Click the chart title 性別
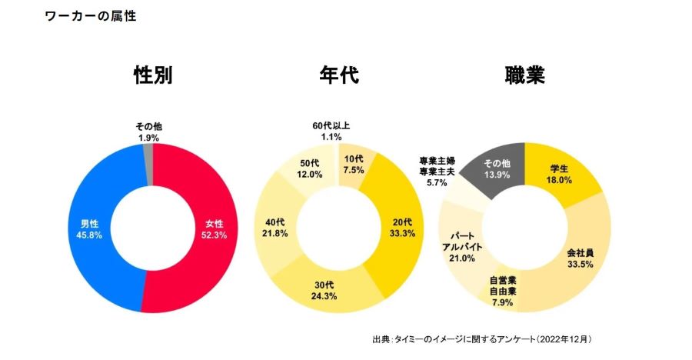[152, 75]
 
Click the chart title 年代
[338, 75]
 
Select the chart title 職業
[525, 75]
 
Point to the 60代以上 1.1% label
[331, 131]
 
